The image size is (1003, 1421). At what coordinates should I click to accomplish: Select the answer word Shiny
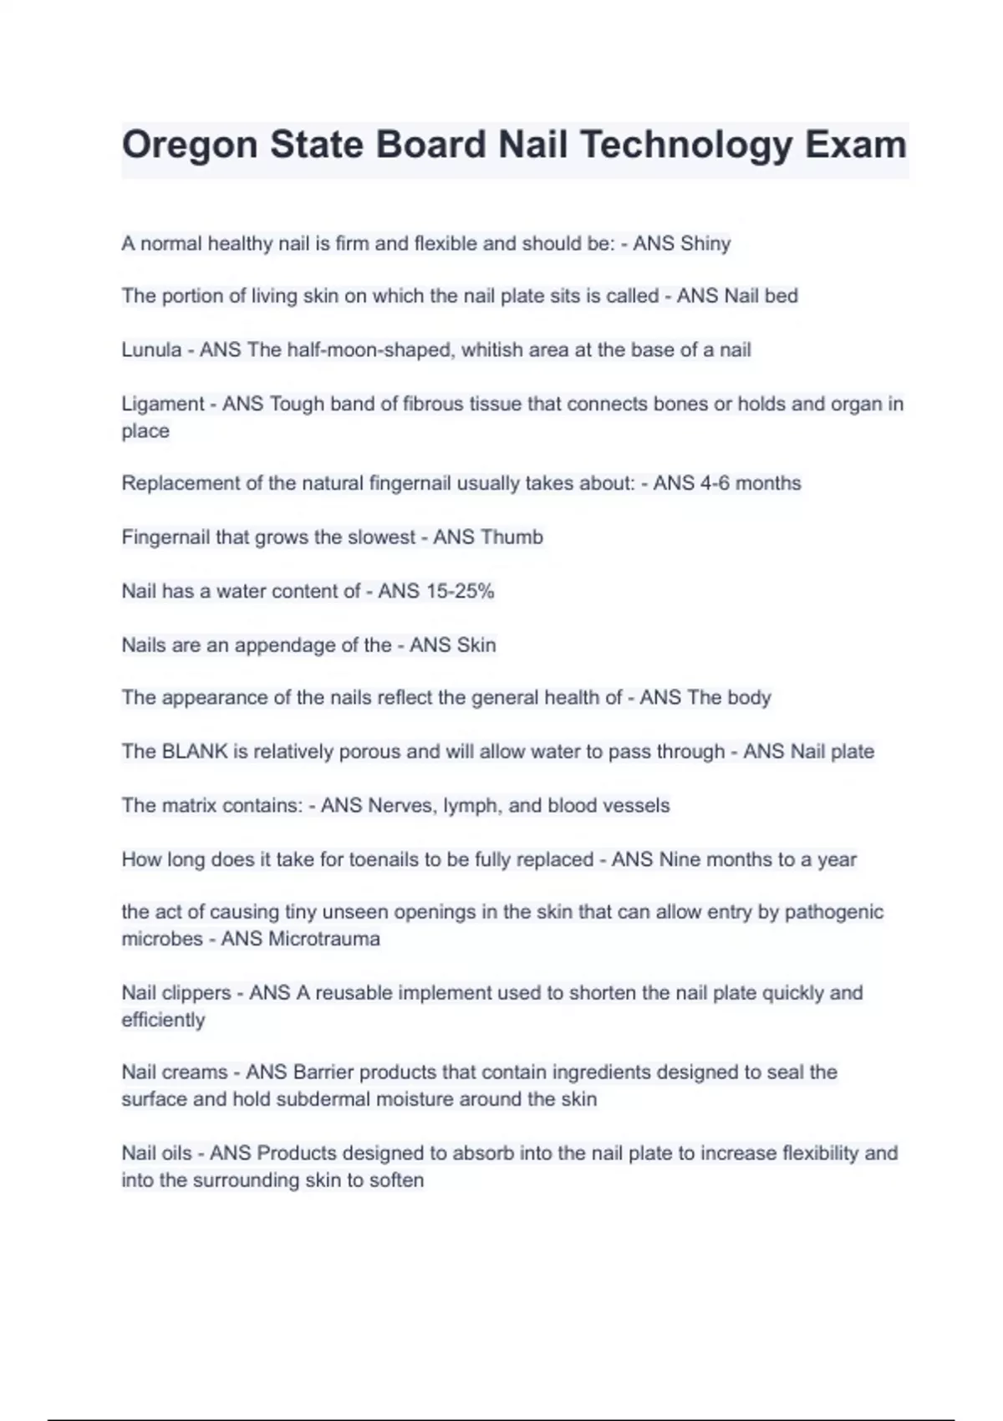705,244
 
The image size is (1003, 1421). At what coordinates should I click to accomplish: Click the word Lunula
151,349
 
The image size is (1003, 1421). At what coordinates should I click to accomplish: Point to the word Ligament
162,405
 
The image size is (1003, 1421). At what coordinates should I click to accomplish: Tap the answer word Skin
475,645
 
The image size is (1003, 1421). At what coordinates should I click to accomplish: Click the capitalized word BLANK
195,751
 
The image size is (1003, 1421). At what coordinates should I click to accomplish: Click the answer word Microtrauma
323,939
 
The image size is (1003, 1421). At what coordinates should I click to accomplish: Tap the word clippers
196,993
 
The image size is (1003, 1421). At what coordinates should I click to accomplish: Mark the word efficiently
163,1020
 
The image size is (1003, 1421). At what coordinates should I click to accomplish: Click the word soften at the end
397,1180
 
